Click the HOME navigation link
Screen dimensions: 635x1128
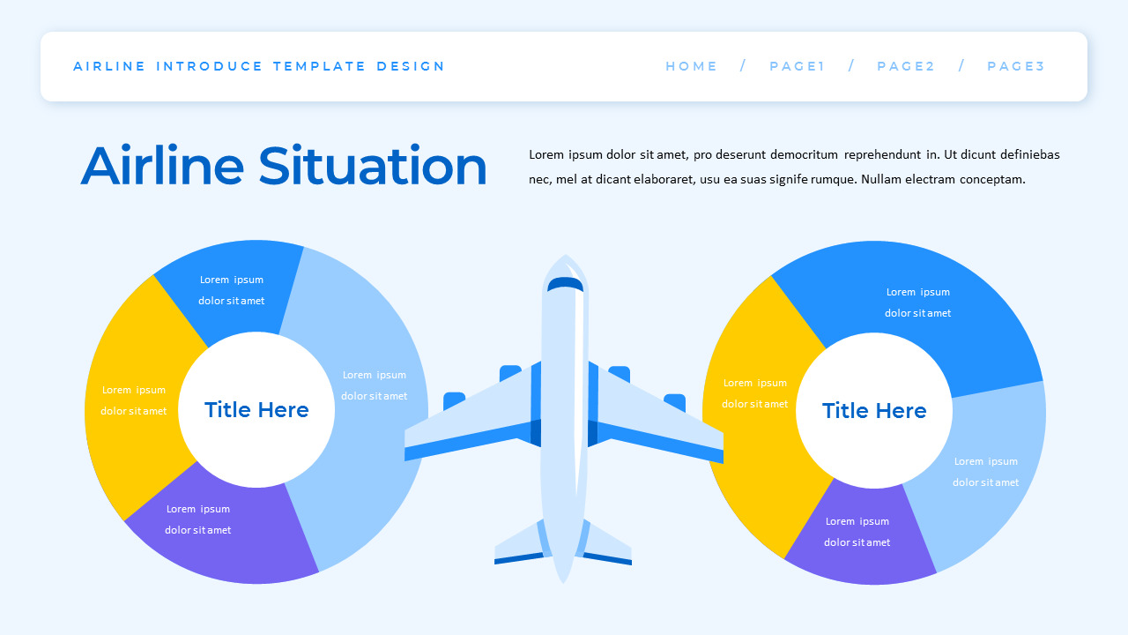point(691,66)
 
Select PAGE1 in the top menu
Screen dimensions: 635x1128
point(797,66)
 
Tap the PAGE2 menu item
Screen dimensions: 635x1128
point(905,66)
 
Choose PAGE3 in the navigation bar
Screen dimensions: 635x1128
point(1015,66)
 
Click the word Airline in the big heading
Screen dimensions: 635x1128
point(161,167)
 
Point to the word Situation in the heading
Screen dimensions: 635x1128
point(372,167)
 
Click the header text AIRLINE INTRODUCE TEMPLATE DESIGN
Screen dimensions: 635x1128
point(259,66)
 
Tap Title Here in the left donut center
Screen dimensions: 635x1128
point(256,410)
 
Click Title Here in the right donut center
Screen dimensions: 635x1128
point(874,411)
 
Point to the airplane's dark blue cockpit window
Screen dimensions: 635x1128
point(565,283)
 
